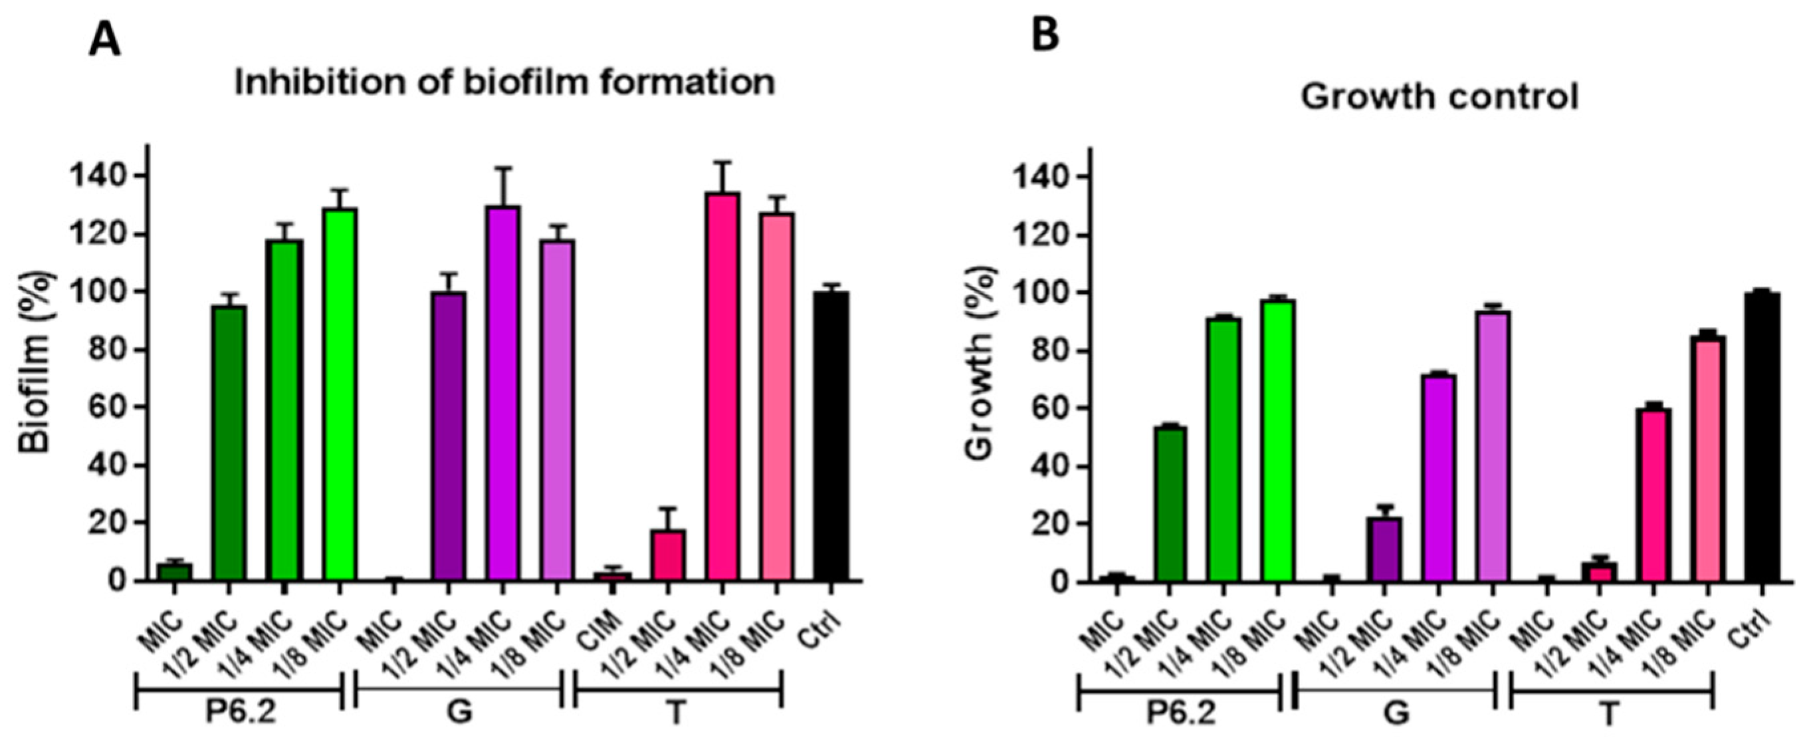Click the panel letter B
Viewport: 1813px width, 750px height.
1045,34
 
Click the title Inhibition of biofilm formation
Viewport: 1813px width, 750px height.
504,82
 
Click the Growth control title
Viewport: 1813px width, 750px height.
1439,96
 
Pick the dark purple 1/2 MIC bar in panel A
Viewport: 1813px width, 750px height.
449,437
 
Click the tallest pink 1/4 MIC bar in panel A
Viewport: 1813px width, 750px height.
722,388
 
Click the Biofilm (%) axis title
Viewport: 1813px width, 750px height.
35,362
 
